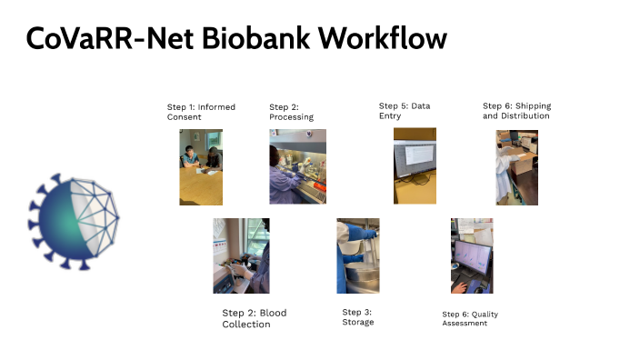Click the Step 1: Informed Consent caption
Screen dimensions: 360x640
tap(201, 112)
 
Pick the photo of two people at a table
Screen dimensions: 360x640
tap(201, 166)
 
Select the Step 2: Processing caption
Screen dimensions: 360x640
tap(291, 112)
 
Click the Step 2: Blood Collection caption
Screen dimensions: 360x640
tap(254, 318)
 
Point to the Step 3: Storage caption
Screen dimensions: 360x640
tap(357, 317)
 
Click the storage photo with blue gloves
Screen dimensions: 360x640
tap(358, 255)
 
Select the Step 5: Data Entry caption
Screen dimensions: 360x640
tap(405, 111)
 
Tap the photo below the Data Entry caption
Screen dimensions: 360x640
tap(415, 165)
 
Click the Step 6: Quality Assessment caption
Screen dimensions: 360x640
tap(470, 318)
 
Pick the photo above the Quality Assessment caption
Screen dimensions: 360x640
tap(472, 255)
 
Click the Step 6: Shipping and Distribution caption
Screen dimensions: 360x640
tap(516, 111)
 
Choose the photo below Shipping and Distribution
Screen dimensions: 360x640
tap(516, 167)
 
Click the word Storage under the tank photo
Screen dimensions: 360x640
tap(357, 322)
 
